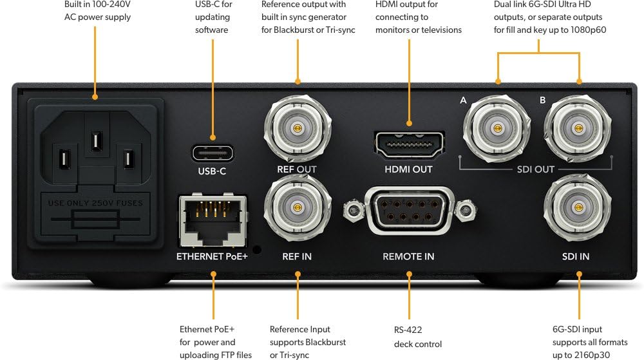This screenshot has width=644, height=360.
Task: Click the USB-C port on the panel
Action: coord(213,153)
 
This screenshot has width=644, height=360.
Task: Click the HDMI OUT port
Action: coord(409,144)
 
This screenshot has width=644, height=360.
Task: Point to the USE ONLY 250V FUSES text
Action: coord(95,203)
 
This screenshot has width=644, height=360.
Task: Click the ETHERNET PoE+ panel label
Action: coord(212,256)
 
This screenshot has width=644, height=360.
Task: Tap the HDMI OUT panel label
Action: coord(408,169)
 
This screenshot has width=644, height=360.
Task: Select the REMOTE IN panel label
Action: coord(408,256)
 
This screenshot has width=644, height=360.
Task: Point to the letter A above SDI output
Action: coord(463,100)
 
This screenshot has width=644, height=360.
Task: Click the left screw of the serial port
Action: coord(352,209)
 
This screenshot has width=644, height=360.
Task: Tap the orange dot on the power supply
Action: coord(95,97)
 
